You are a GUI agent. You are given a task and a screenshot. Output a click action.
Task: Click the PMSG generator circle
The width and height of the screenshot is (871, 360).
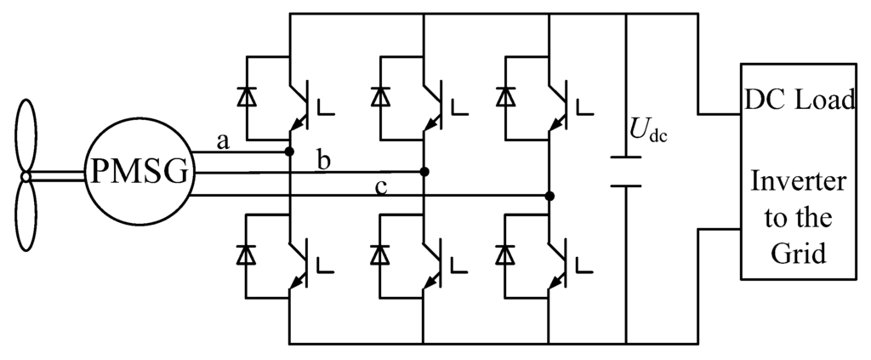(x=138, y=174)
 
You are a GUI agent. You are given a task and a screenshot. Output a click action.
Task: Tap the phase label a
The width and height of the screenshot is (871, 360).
(x=224, y=142)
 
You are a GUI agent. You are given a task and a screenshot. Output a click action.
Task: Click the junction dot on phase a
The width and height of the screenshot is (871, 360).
(x=290, y=152)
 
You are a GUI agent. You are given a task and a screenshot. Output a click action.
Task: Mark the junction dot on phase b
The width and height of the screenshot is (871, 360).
(x=424, y=172)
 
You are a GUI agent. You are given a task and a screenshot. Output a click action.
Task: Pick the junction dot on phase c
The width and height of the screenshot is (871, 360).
(x=550, y=196)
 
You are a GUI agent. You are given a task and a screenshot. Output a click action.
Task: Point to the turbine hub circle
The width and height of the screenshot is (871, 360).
(x=26, y=176)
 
